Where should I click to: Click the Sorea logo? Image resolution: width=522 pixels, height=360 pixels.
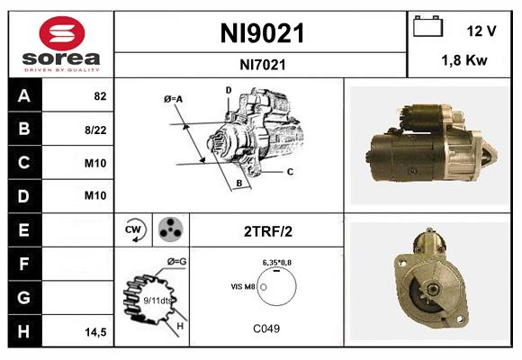pyautogui.click(x=61, y=45)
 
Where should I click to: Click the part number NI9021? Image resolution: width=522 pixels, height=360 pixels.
pyautogui.click(x=263, y=34)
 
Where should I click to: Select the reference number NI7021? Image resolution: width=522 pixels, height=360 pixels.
pyautogui.click(x=263, y=64)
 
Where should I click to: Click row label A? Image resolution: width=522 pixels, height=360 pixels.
pyautogui.click(x=23, y=95)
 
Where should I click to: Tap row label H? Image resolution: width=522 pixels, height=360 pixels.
pyautogui.click(x=23, y=331)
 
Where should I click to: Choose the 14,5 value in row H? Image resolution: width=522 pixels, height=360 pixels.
pyautogui.click(x=95, y=332)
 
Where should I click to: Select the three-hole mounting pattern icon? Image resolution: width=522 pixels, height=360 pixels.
pyautogui.click(x=168, y=229)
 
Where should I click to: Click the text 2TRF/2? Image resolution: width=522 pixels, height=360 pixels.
pyautogui.click(x=267, y=230)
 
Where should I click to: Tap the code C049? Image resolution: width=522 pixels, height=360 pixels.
pyautogui.click(x=267, y=328)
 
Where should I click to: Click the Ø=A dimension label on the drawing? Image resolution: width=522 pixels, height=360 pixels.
pyautogui.click(x=174, y=99)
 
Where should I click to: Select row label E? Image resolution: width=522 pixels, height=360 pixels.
pyautogui.click(x=23, y=230)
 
